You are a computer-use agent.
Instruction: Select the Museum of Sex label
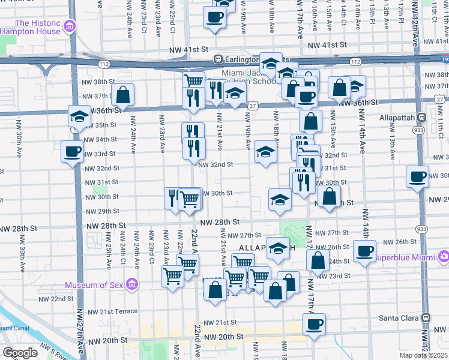pyautogui.click(x=94, y=285)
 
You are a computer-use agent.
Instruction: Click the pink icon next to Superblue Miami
pyautogui.click(x=444, y=257)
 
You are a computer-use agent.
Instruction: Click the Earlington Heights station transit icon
pyautogui.click(x=218, y=59)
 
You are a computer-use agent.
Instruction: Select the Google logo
pyautogui.click(x=20, y=353)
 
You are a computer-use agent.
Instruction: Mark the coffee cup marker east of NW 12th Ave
pyautogui.click(x=417, y=176)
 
